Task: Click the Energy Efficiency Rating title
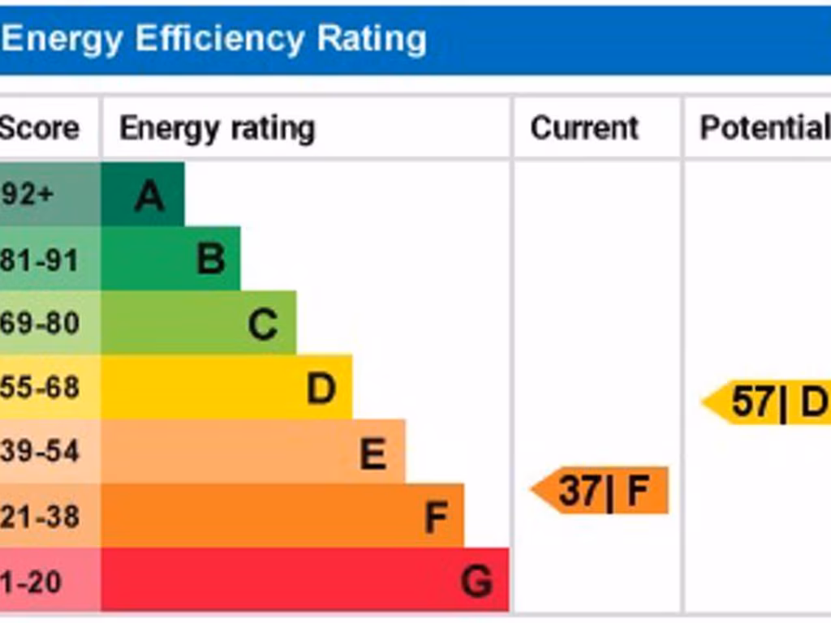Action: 213,39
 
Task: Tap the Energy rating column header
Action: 217,128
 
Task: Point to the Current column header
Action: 584,128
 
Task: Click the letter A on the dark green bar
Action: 149,195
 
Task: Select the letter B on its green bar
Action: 211,260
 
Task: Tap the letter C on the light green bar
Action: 263,324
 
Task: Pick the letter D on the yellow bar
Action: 321,389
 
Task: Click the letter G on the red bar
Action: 476,582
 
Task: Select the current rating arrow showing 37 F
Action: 601,491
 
